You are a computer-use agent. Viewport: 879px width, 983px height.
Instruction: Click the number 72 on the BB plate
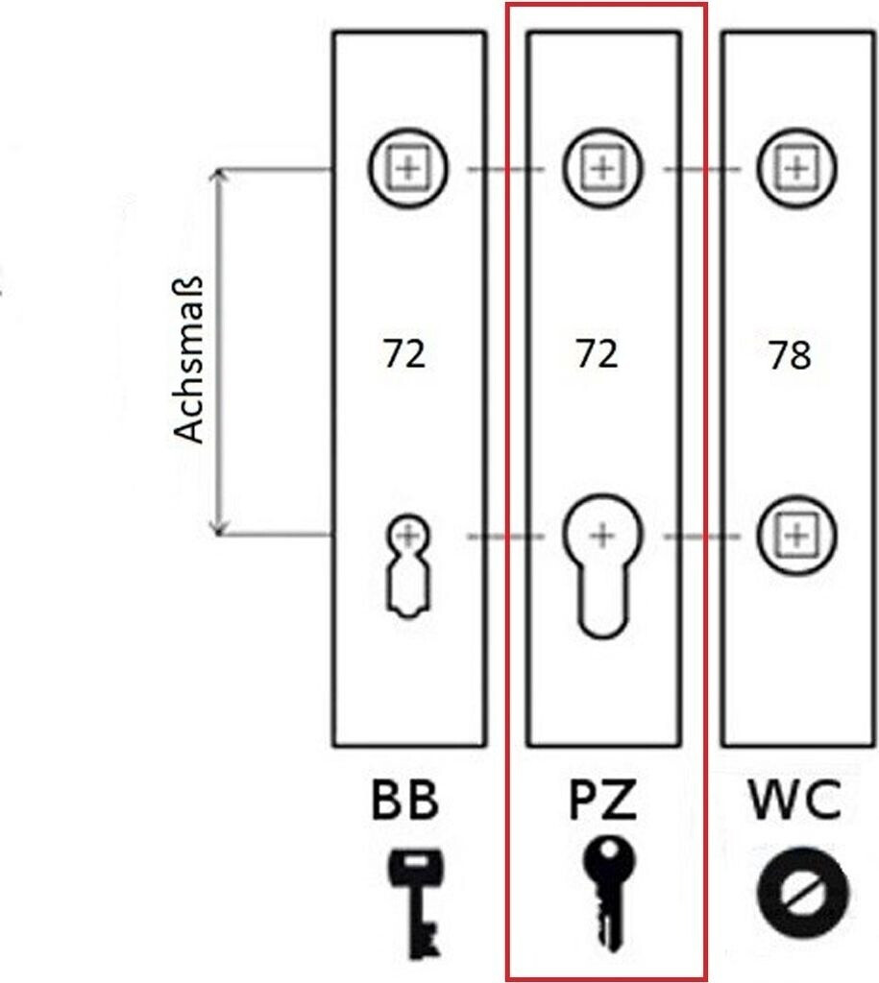403,354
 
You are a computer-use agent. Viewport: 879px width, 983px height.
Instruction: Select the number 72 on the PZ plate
597,354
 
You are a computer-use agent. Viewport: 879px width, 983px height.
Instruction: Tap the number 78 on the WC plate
790,356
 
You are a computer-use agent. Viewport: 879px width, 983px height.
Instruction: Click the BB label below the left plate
403,801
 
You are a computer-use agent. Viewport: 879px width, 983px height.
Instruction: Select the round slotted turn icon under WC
802,892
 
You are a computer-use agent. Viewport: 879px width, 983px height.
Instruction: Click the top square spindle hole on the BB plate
409,170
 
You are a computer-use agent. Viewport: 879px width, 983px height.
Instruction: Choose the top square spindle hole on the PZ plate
602,170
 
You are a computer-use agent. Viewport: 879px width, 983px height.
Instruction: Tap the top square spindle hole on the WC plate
796,170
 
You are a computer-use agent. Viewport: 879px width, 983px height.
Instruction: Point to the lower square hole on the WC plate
795,535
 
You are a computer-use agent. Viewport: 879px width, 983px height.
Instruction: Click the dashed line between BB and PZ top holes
505,170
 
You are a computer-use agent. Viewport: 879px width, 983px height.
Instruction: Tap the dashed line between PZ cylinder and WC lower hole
699,535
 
